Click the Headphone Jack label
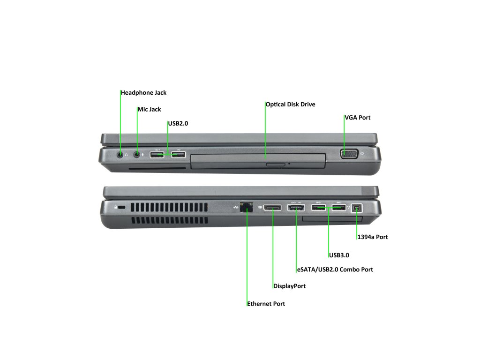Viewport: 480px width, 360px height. point(143,93)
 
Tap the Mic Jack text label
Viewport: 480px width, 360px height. point(149,109)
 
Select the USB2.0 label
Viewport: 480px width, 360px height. point(178,123)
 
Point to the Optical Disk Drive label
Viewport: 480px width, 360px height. point(290,105)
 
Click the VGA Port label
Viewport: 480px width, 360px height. point(358,118)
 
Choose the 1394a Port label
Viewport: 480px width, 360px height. point(373,237)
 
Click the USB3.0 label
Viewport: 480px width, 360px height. point(339,255)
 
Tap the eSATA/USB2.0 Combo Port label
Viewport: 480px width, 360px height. point(335,270)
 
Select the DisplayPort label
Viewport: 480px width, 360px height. point(289,286)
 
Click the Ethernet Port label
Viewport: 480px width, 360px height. point(266,304)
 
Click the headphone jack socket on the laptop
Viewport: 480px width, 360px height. point(120,154)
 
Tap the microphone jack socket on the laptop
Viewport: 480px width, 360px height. point(137,154)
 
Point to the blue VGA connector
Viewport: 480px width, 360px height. point(349,154)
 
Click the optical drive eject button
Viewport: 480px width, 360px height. point(276,165)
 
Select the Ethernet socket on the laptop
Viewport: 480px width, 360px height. point(247,207)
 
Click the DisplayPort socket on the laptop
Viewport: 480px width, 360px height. point(272,208)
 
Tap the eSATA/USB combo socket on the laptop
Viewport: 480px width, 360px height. point(296,208)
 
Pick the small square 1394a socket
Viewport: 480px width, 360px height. point(357,208)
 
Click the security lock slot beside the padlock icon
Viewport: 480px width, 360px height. point(121,208)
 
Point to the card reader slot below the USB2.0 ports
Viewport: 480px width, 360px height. point(157,168)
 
